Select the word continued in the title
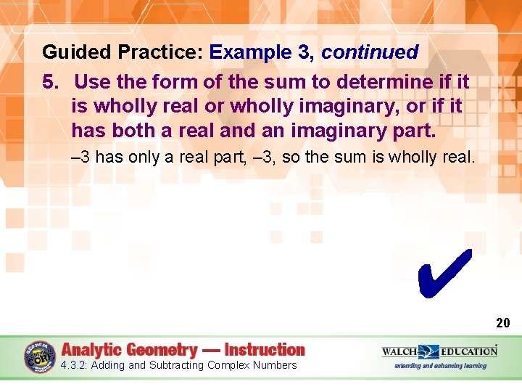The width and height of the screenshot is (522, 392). [370, 53]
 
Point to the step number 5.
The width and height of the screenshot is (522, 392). [50, 81]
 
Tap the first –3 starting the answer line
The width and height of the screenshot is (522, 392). [80, 158]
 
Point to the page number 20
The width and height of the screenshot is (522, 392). [503, 323]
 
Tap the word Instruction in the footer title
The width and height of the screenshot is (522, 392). [265, 350]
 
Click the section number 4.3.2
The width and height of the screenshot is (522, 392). [75, 365]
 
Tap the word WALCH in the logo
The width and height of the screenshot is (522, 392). [400, 351]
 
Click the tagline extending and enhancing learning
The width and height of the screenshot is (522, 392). [440, 366]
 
